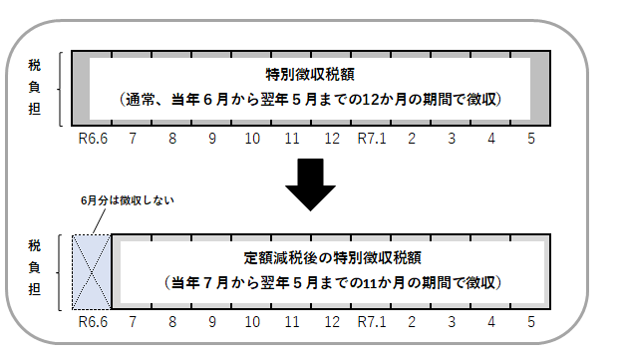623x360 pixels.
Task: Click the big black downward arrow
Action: tap(311, 184)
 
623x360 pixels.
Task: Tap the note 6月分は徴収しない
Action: tap(127, 200)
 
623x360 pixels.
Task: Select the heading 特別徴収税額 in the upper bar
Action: tap(311, 75)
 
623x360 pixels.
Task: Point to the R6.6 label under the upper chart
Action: tap(92, 139)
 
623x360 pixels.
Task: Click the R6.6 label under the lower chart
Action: tap(92, 321)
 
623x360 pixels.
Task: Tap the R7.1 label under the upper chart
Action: tap(371, 139)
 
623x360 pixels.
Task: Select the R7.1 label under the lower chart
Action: tap(371, 321)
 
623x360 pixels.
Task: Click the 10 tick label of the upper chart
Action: tap(251, 139)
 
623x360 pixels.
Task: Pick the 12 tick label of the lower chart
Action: tap(331, 321)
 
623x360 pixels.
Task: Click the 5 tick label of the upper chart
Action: tap(531, 139)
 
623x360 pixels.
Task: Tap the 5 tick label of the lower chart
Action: tap(531, 321)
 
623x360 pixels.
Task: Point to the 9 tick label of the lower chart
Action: tap(211, 321)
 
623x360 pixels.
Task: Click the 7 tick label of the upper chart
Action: tap(133, 139)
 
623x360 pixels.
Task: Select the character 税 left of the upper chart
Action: tap(35, 64)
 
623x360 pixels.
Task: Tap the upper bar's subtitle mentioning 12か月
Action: tap(309, 100)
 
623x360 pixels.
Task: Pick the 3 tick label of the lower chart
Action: tap(452, 321)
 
